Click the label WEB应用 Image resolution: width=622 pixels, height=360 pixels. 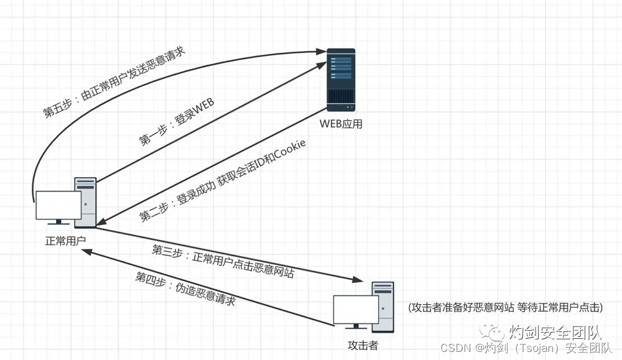click(341, 124)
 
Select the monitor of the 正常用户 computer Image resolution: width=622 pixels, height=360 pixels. click(58, 205)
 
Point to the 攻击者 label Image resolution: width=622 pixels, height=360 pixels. click(363, 345)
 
